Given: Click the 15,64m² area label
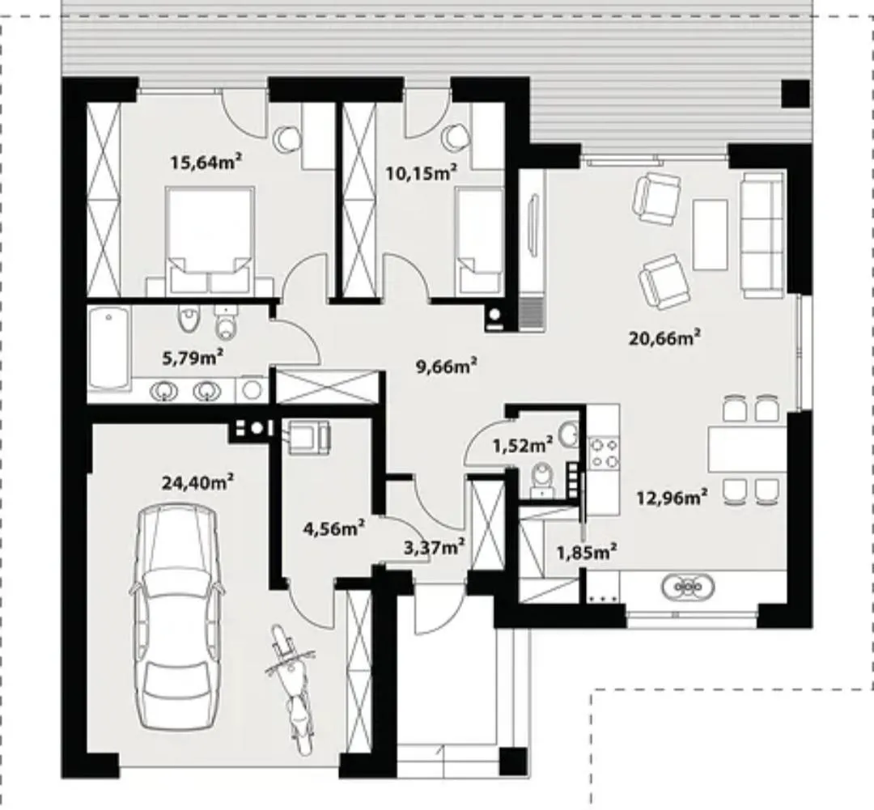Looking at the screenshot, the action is point(206,162).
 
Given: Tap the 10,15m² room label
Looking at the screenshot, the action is point(422,173).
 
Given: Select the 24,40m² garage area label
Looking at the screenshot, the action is point(197,482).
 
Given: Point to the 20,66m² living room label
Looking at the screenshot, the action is point(664,337).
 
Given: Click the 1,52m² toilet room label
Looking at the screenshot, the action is point(523,445).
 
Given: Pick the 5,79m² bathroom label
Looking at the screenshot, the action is point(193,358).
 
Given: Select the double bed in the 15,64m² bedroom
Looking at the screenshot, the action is point(210,240).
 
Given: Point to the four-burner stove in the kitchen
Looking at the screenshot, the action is point(605,452).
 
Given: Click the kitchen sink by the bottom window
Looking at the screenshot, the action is point(687,587).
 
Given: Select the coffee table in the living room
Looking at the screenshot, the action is point(710,234).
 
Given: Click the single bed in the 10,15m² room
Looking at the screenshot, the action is point(479,241).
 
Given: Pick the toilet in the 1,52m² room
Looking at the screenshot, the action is point(541,479).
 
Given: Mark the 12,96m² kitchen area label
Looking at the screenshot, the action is point(672,496).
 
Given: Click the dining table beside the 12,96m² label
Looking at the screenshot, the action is point(748,449).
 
